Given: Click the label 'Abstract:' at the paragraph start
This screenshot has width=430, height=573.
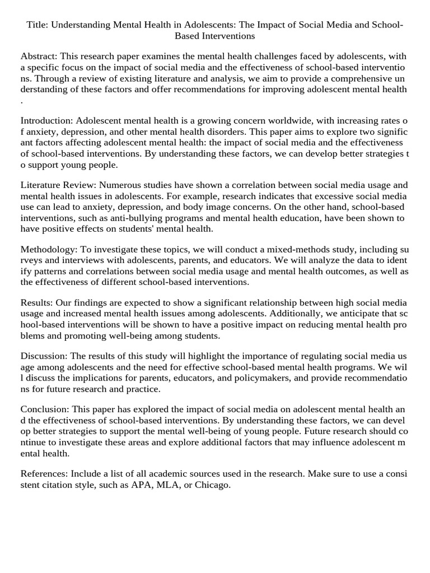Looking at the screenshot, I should click(39, 57).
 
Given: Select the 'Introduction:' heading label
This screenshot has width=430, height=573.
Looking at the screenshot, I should click(47, 121).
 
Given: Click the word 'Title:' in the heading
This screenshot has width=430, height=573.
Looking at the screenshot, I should click(38, 25).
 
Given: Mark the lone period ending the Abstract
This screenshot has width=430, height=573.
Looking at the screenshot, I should click(22, 100).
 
